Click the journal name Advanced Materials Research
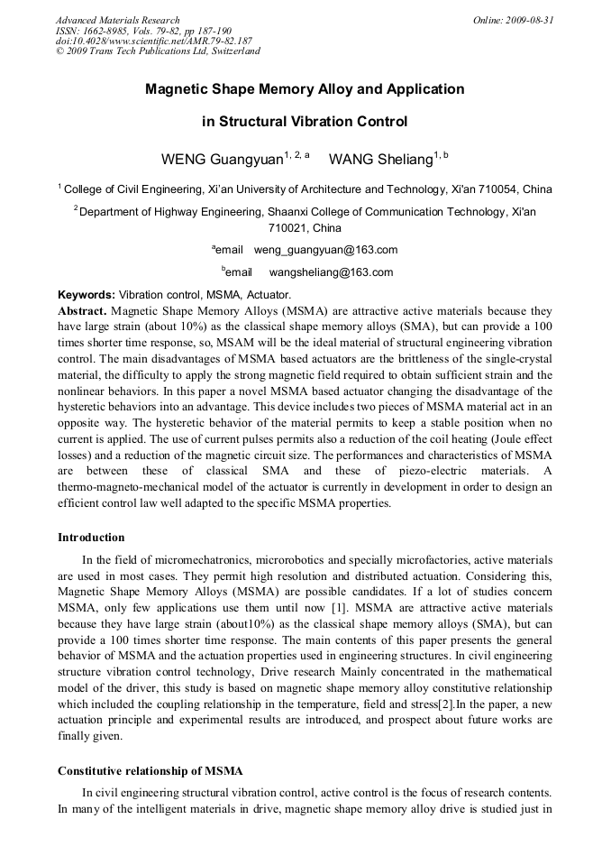pos(117,20)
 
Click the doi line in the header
pos(153,41)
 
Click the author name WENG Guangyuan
pos(222,160)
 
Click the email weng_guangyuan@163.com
pos(325,250)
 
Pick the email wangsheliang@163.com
pos(331,272)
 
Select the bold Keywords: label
pos(87,295)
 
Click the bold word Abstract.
pos(82,309)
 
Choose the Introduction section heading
pos(91,538)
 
